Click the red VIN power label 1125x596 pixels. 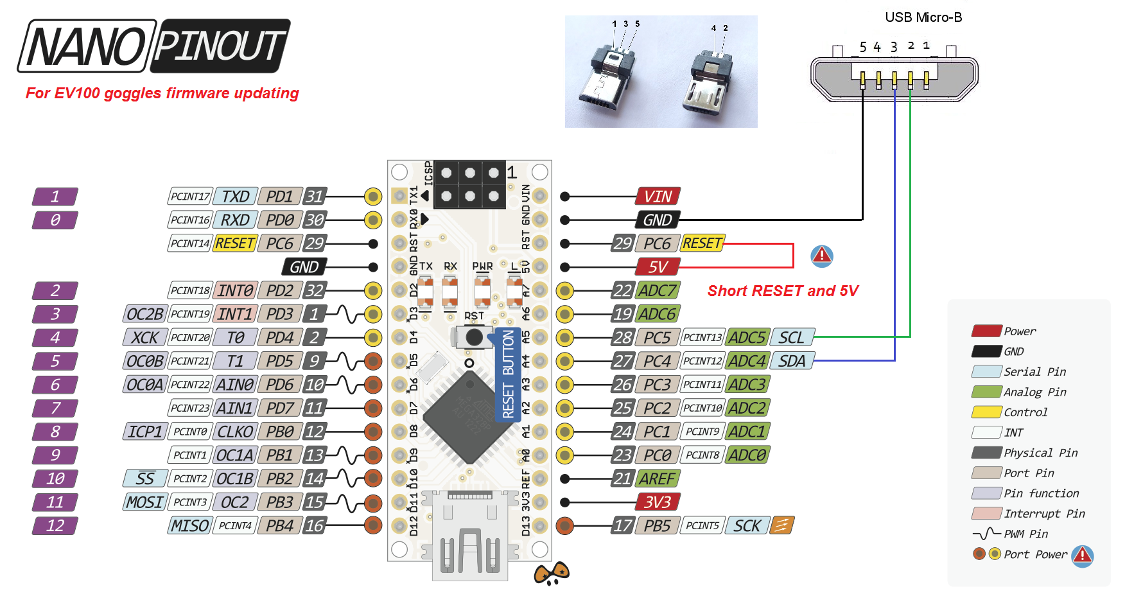(658, 197)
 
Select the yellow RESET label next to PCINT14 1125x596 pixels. (235, 243)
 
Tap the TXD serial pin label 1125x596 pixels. (235, 197)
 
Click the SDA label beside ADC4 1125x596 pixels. (792, 361)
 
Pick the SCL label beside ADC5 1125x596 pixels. (792, 338)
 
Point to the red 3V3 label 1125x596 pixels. (658, 502)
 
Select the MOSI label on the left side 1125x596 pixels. (144, 502)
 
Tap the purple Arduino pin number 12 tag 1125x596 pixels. (55, 526)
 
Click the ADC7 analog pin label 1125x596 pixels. (658, 290)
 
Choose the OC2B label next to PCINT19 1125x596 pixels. (144, 314)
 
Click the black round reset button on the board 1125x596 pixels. (474, 337)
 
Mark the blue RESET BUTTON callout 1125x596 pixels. (508, 374)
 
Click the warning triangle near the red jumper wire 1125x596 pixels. (822, 256)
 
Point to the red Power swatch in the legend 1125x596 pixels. (986, 331)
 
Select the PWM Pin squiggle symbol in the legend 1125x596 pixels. (986, 534)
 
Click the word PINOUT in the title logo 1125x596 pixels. (220, 46)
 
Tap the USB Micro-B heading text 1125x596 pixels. (923, 17)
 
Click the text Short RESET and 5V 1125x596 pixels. (783, 291)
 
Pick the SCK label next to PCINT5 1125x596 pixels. (747, 526)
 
